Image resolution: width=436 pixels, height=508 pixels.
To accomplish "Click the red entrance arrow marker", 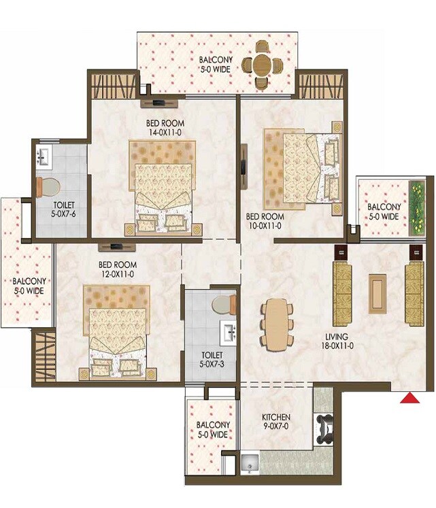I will [408, 399].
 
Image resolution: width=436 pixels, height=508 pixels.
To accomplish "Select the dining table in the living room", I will [275, 324].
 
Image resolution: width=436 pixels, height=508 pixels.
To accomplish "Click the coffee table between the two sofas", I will [375, 293].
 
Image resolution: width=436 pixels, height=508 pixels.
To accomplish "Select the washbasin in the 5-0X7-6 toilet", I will [43, 158].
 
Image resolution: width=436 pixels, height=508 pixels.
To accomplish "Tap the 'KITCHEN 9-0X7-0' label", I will [277, 422].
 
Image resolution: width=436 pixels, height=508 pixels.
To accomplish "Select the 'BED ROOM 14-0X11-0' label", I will [165, 129].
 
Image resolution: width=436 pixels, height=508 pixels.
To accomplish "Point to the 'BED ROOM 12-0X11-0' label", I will [118, 269].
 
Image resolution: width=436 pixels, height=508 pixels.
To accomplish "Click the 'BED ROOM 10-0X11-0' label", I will [265, 222].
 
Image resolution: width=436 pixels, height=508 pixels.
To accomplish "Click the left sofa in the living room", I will [342, 293].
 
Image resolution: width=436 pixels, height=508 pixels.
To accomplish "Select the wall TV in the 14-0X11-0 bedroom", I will [161, 103].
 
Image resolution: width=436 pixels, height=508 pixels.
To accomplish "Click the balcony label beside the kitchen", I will [212, 429].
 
